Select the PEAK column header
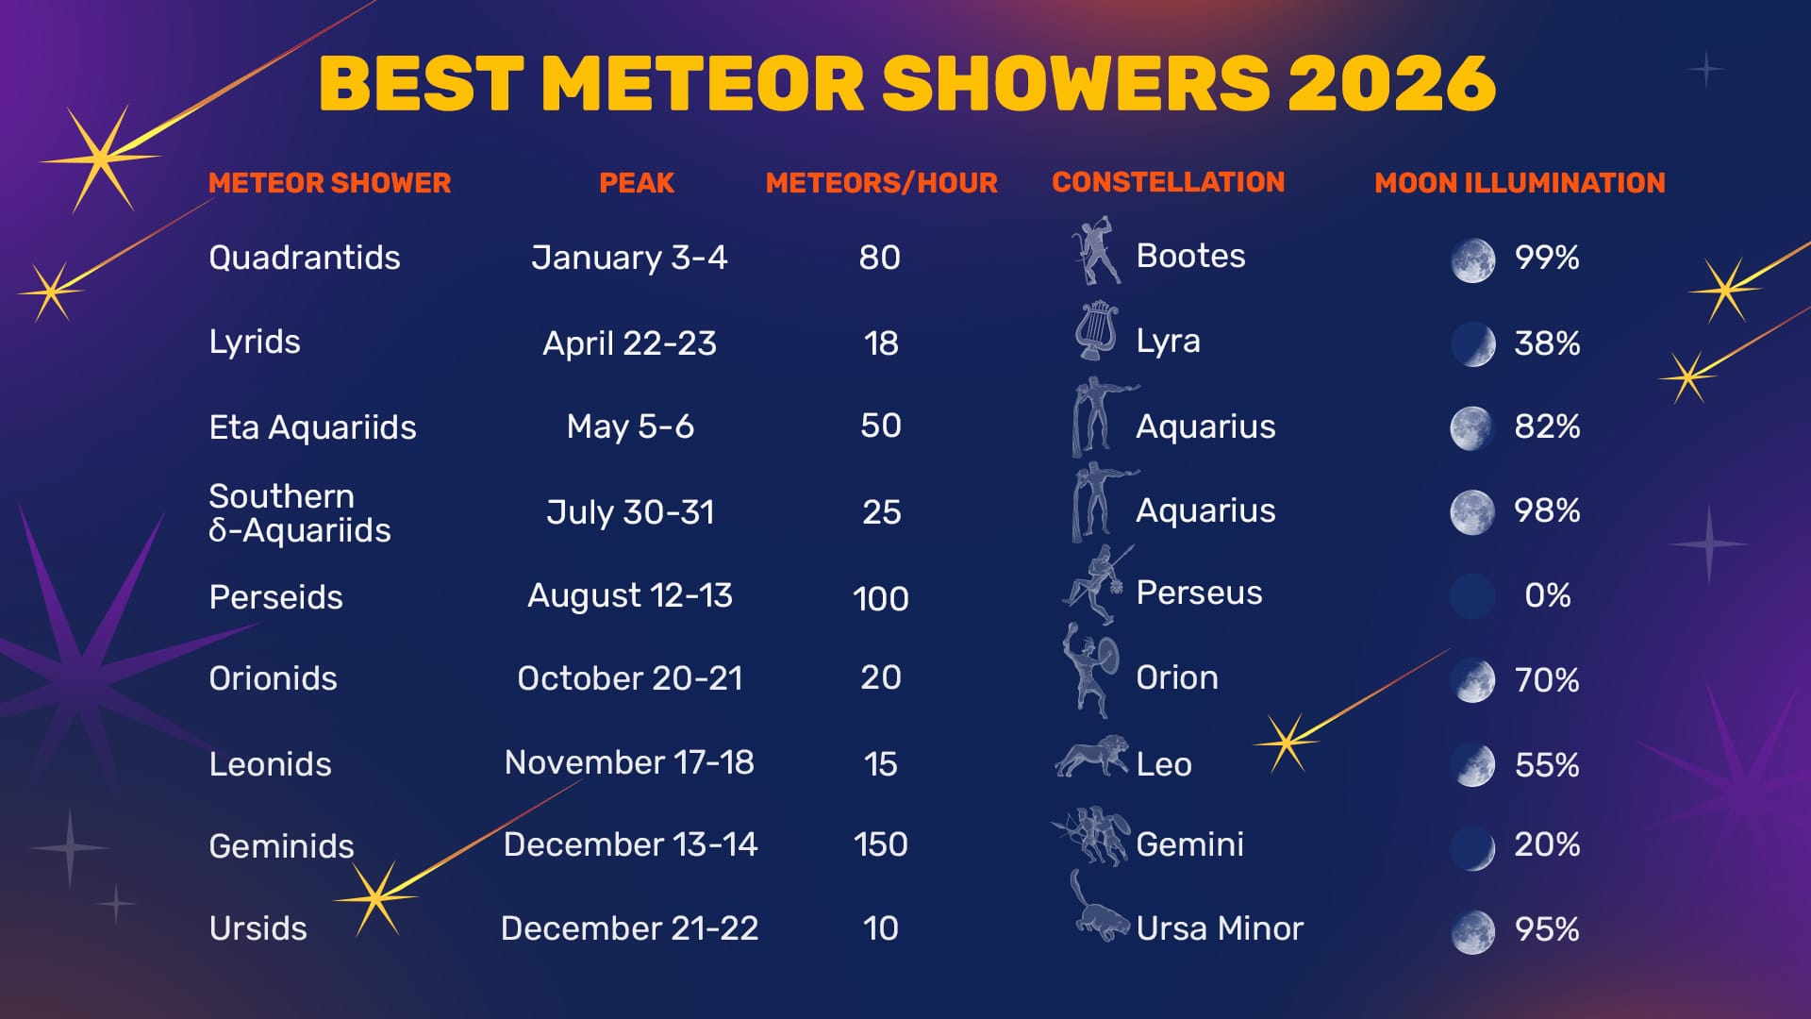pyautogui.click(x=637, y=183)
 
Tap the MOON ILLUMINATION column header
pyautogui.click(x=1520, y=183)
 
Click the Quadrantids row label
pyautogui.click(x=304, y=258)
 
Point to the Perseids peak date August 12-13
pyautogui.click(x=629, y=595)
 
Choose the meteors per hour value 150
pyautogui.click(x=880, y=844)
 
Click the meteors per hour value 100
pyautogui.click(x=880, y=598)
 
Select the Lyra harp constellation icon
pyautogui.click(x=1095, y=331)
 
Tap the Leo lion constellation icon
pyautogui.click(x=1092, y=757)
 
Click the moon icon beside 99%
pyautogui.click(x=1472, y=259)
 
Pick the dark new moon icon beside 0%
pyautogui.click(x=1472, y=596)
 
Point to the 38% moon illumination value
pyautogui.click(x=1547, y=343)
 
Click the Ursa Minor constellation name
pyautogui.click(x=1220, y=928)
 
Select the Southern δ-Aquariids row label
pyautogui.click(x=299, y=513)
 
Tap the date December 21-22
pyautogui.click(x=629, y=928)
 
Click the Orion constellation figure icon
pyautogui.click(x=1091, y=669)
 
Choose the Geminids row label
pyautogui.click(x=281, y=846)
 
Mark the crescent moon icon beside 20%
pyautogui.click(x=1472, y=846)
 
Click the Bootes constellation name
pyautogui.click(x=1190, y=256)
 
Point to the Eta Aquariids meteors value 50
pyautogui.click(x=880, y=426)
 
